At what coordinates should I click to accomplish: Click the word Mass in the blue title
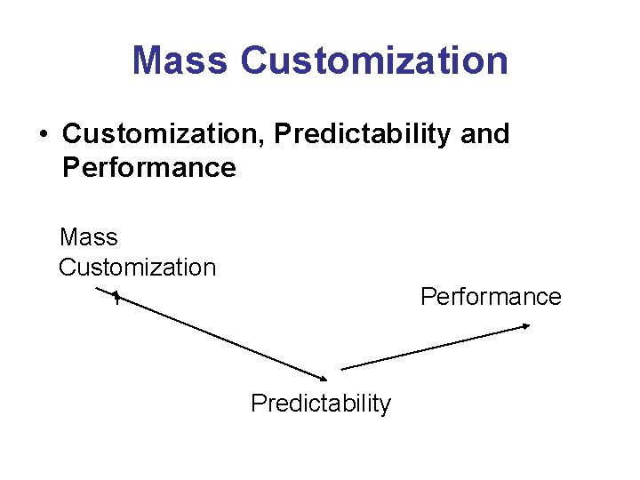[x=180, y=60]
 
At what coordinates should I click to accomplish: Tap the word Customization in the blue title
[x=374, y=60]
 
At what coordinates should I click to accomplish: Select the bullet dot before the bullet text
[x=42, y=135]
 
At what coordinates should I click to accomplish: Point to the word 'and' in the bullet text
[x=487, y=134]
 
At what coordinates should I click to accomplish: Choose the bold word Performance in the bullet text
[x=148, y=167]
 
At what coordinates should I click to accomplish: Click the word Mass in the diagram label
[x=88, y=237]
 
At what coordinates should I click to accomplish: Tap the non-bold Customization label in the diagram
[x=137, y=267]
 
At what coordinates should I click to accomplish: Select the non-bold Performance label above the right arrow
[x=491, y=296]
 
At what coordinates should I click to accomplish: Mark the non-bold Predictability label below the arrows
[x=320, y=404]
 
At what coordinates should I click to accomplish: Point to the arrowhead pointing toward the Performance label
[x=525, y=327]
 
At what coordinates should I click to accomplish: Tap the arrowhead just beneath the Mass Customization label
[x=114, y=294]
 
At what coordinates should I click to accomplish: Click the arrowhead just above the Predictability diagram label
[x=322, y=373]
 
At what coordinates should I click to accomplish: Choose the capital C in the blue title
[x=254, y=60]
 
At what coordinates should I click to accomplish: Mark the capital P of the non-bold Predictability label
[x=258, y=404]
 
